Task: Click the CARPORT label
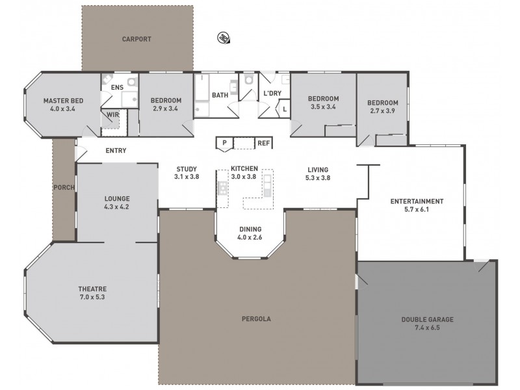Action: [136, 39]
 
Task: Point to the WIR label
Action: [113, 115]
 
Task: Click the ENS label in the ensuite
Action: [117, 86]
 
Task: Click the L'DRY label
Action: [272, 94]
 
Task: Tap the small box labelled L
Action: [285, 109]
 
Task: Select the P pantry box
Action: [224, 143]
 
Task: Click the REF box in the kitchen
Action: [263, 143]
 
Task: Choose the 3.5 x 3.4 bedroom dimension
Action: [323, 107]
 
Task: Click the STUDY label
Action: [187, 168]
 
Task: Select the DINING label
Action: [250, 229]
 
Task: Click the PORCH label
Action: [64, 188]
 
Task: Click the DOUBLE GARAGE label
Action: [427, 319]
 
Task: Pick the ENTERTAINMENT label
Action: [417, 201]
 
